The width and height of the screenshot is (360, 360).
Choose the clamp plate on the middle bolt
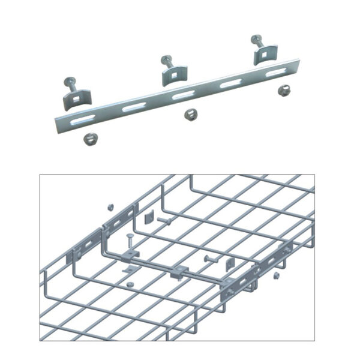point(171,75)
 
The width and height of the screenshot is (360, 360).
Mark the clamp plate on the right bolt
point(262,56)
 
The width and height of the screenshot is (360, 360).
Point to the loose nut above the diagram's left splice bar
point(110,208)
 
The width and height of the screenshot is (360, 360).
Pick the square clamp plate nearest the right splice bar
point(229,265)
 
